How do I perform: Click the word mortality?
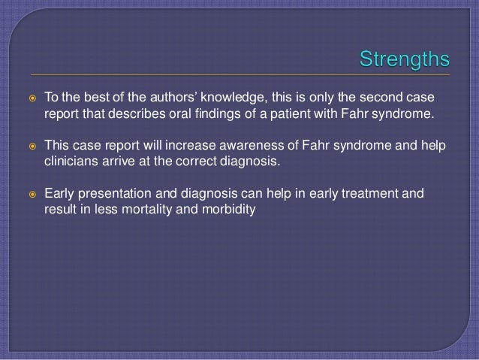(x=155, y=210)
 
